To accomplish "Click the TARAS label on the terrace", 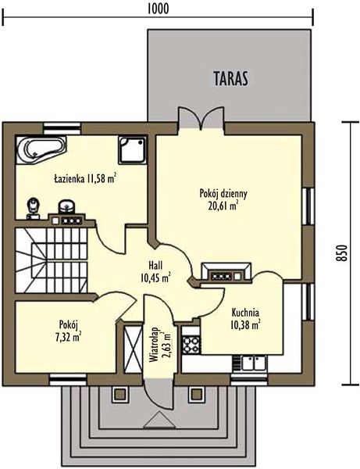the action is [x=230, y=78].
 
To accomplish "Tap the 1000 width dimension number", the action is [x=158, y=9].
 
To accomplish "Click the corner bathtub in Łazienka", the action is [x=41, y=150].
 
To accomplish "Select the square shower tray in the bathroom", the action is [x=132, y=150].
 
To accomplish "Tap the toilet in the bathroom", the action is [x=34, y=209].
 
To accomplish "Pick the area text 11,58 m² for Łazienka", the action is [x=102, y=179].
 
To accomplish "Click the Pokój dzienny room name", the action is [x=223, y=195].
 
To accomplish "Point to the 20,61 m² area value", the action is [x=223, y=206].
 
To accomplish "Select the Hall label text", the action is [x=155, y=265].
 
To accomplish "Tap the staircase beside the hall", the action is [x=52, y=260].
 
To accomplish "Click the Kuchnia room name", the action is [x=245, y=313].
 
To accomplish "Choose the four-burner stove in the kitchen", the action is [x=191, y=345].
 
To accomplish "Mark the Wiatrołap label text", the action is [x=154, y=345].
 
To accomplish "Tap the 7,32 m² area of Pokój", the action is [x=69, y=337].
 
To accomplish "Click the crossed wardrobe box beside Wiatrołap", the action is [x=133, y=349].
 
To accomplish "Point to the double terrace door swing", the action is [x=201, y=117].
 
